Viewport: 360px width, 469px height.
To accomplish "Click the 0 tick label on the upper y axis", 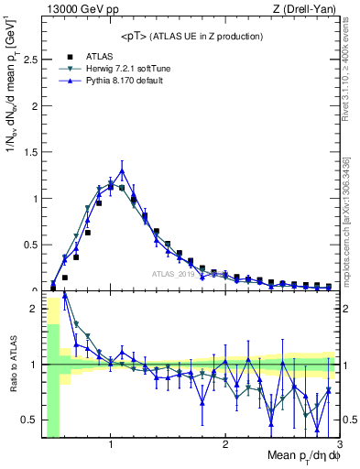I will (34, 289).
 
